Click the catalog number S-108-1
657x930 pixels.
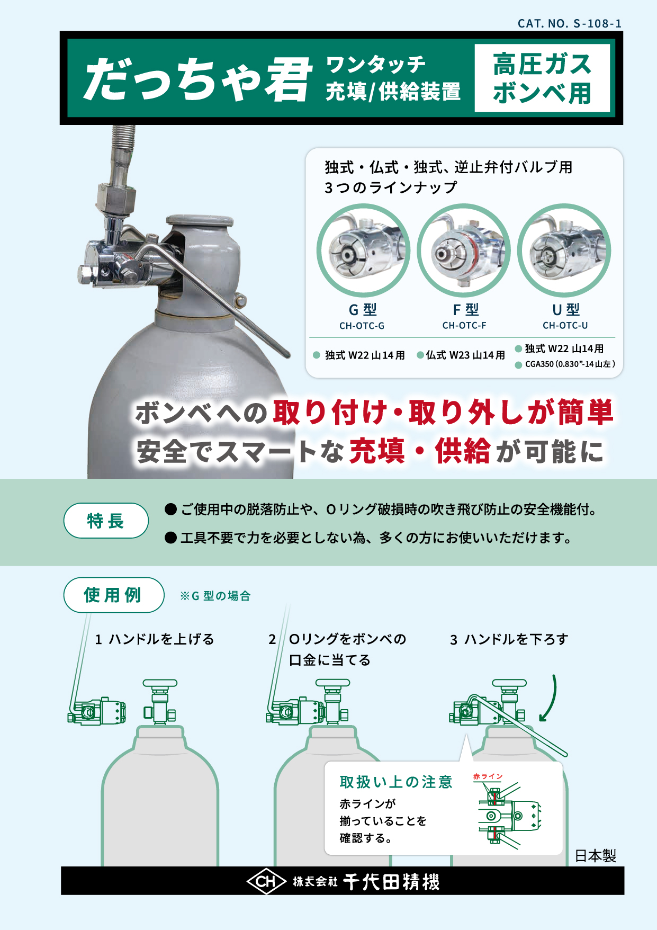tap(570, 23)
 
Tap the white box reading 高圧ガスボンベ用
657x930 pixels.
tap(542, 78)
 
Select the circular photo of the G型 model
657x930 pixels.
tap(363, 250)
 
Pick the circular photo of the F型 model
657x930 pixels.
tap(463, 250)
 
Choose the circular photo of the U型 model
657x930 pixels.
tap(564, 250)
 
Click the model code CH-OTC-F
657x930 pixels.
tap(464, 325)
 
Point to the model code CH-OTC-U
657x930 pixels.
tap(565, 325)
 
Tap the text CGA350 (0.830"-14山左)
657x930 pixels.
tap(570, 364)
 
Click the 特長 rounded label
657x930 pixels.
tap(106, 521)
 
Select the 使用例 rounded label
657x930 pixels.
tap(113, 595)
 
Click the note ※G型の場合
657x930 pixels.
tap(215, 596)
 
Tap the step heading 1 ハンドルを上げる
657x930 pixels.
tap(154, 639)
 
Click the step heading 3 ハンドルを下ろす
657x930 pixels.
tap(509, 639)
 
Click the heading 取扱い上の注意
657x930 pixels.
tap(396, 782)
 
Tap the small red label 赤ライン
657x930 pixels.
tap(488, 776)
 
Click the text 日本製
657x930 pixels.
tap(596, 856)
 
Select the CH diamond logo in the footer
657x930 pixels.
tap(266, 881)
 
